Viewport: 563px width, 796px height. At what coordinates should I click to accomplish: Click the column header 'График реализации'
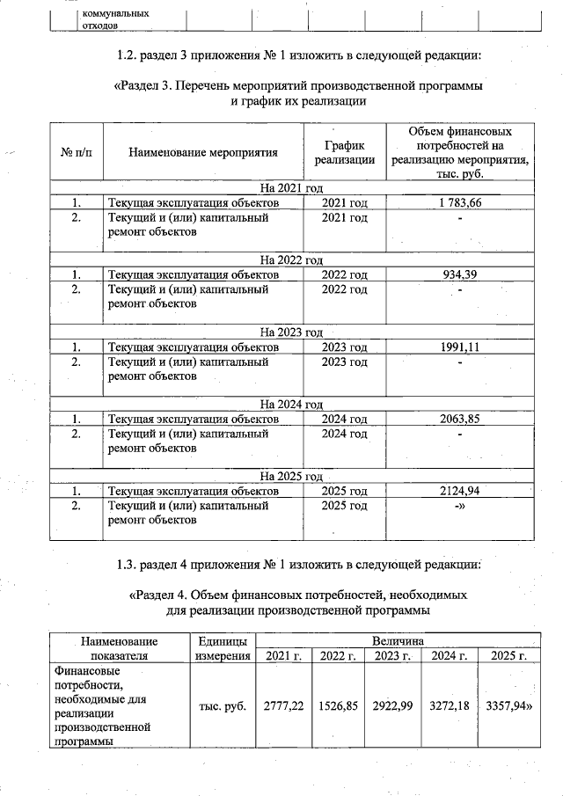pos(344,152)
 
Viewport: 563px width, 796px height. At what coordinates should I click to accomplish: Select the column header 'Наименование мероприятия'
pos(203,152)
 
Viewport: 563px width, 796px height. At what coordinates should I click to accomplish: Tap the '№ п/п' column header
pos(77,152)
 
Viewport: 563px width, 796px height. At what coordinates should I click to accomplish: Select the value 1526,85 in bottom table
pos(339,705)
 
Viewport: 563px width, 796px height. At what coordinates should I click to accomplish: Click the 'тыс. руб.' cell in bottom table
pos(223,705)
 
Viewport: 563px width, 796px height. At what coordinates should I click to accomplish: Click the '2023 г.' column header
pos(393,656)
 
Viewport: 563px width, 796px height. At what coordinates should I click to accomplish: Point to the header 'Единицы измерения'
pos(223,648)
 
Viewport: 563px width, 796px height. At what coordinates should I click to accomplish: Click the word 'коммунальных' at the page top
pos(114,14)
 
